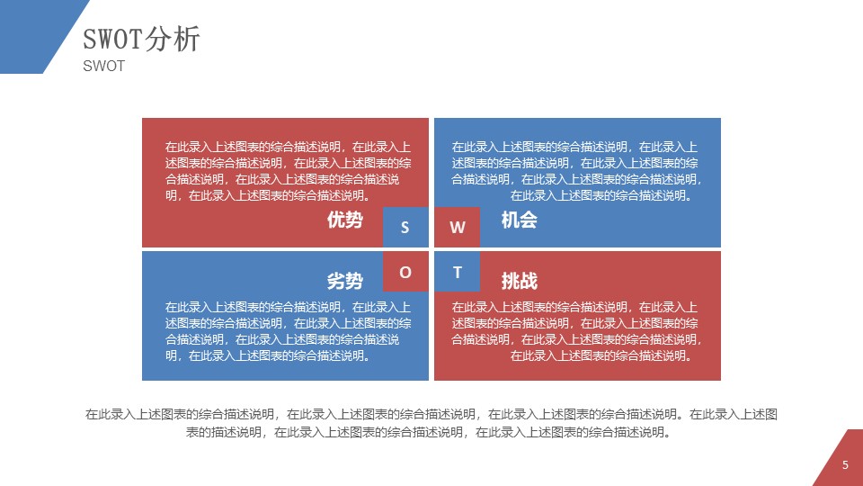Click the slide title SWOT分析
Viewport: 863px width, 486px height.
(141, 40)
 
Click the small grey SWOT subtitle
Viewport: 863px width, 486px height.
(103, 67)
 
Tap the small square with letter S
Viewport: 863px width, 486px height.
(405, 228)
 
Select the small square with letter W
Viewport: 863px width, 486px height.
(458, 228)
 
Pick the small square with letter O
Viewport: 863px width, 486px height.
(405, 272)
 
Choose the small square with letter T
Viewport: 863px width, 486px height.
(458, 272)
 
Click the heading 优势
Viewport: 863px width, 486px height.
(345, 220)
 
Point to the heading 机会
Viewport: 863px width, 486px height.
(519, 220)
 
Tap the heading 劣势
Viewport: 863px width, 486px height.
(345, 280)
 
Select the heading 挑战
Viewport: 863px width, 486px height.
(519, 280)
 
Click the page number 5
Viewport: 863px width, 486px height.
(845, 465)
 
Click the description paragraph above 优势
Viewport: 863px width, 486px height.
(288, 171)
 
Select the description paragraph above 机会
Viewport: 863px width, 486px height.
(575, 171)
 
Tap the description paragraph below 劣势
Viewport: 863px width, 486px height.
(288, 331)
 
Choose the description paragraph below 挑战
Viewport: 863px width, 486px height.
(575, 331)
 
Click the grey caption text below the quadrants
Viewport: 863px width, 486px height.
(431, 423)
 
